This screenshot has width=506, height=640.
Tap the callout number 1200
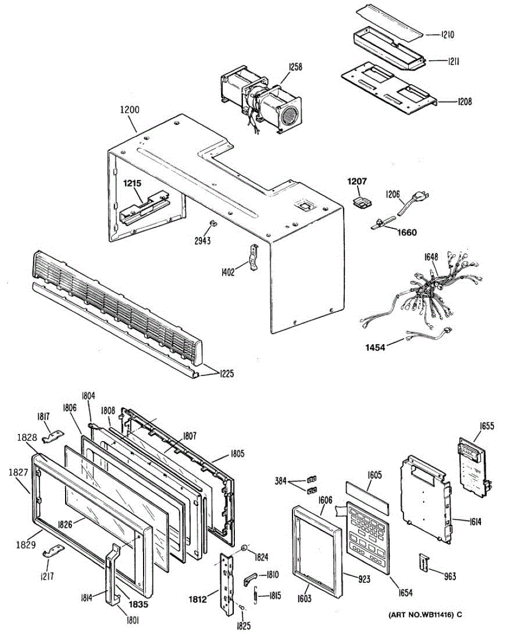pyautogui.click(x=130, y=110)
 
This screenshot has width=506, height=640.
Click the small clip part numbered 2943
pyautogui.click(x=212, y=222)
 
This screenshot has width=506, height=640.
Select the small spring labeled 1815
pyautogui.click(x=256, y=593)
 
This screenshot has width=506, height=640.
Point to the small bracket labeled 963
pyautogui.click(x=424, y=562)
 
